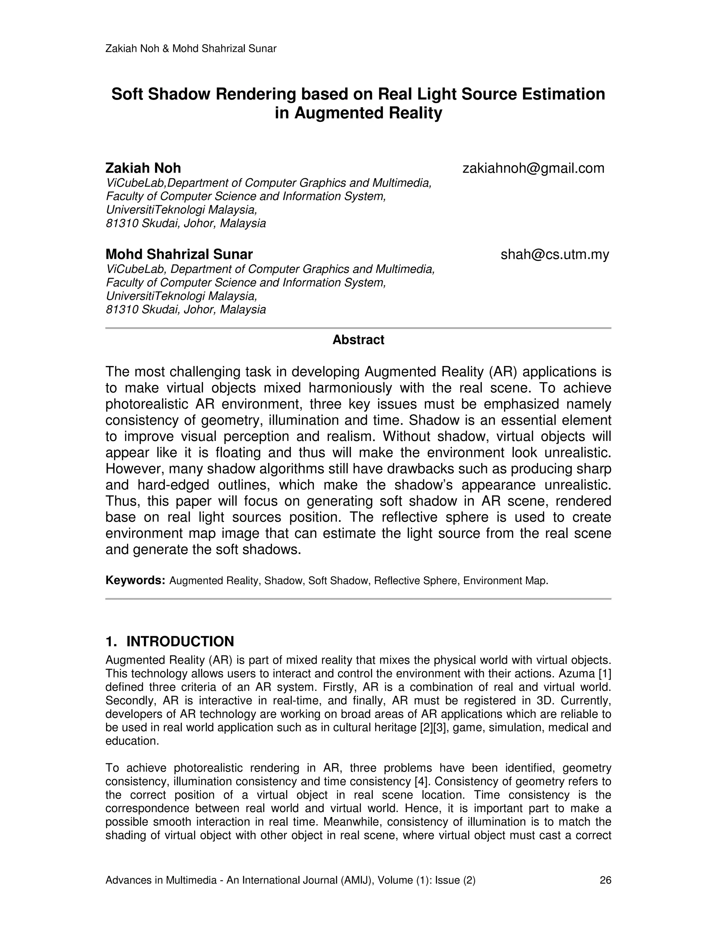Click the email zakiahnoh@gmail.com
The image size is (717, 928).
[533, 168]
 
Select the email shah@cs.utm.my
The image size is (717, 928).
[555, 255]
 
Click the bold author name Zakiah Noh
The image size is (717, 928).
[143, 168]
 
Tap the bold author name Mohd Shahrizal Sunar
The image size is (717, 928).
[179, 255]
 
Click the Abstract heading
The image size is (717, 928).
[358, 340]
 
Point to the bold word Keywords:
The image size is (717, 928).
[135, 580]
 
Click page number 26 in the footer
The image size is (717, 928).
[605, 880]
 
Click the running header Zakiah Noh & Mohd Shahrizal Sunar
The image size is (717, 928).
[191, 49]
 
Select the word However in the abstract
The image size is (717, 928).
[135, 469]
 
